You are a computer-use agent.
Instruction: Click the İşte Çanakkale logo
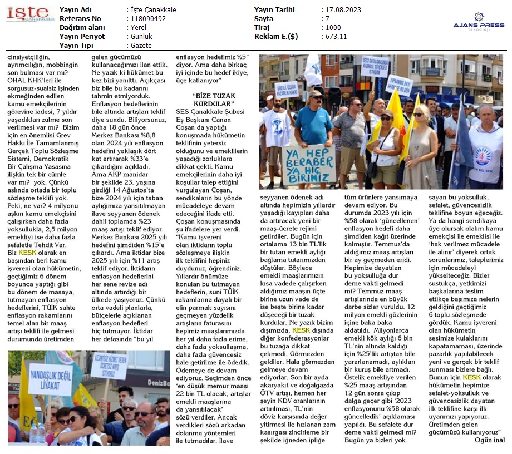28,15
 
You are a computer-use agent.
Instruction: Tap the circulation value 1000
333,28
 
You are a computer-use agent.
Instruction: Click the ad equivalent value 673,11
336,37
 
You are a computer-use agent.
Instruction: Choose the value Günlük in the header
139,37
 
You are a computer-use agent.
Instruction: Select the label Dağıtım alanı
82,28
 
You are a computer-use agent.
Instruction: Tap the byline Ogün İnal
489,440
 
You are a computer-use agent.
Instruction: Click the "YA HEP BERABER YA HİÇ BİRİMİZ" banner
309,164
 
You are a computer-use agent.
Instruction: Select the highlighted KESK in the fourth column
301,330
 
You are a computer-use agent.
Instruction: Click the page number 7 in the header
327,19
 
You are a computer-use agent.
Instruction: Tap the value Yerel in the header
137,28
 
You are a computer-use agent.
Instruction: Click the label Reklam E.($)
276,37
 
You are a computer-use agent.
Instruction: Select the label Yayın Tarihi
274,10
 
